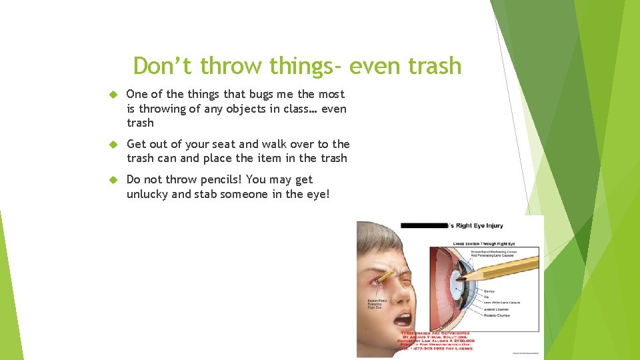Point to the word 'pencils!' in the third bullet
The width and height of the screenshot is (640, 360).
click(218, 179)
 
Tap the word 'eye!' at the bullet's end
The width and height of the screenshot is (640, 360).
click(317, 194)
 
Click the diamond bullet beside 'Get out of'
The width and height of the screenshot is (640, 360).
click(113, 144)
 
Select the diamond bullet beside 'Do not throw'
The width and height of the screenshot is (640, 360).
click(113, 179)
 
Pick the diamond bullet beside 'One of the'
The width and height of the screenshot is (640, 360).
click(113, 95)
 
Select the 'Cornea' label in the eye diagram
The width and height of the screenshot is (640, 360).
click(489, 291)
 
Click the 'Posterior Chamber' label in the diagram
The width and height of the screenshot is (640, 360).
click(497, 315)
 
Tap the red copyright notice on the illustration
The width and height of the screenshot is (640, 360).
click(437, 341)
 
